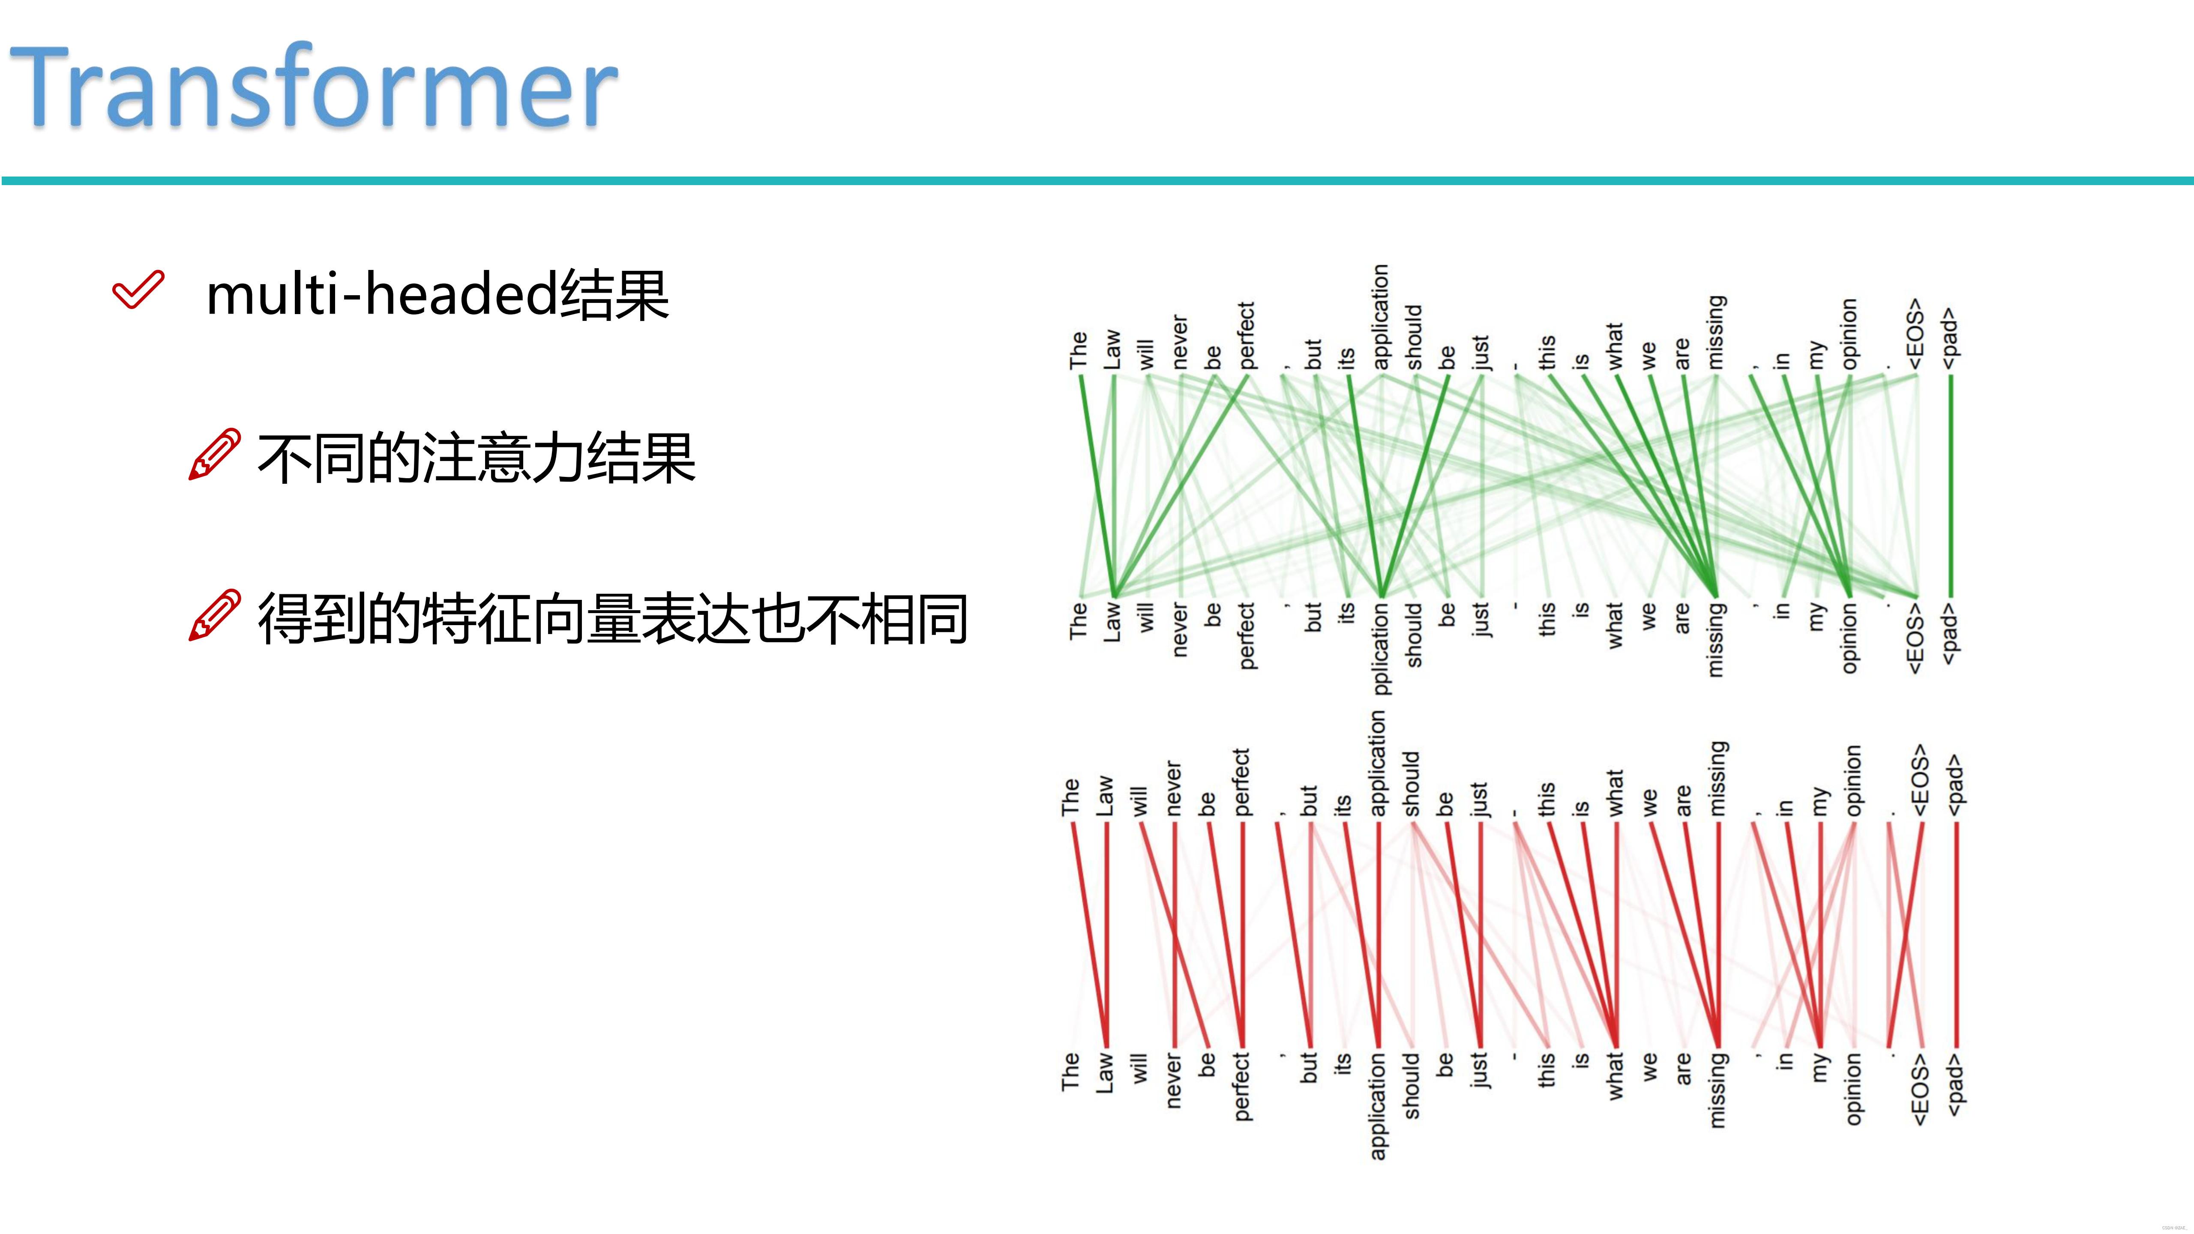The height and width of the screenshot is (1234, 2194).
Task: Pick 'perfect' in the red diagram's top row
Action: [1241, 782]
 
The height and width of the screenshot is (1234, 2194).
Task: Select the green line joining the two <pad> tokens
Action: [1951, 485]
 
